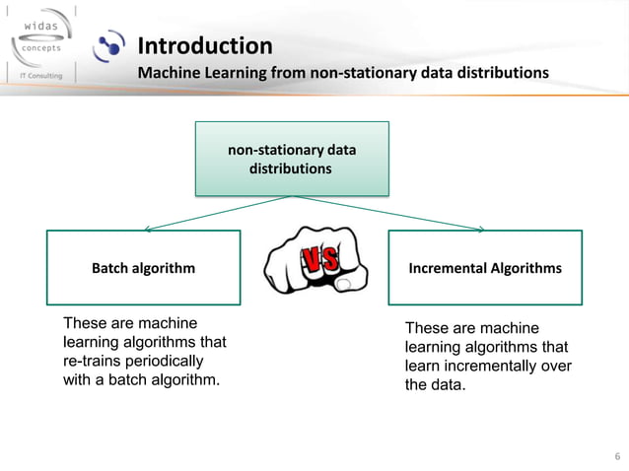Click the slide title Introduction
coord(204,46)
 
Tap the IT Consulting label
coord(36,75)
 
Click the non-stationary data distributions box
coord(292,159)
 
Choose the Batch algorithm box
coord(143,267)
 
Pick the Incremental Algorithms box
coord(485,267)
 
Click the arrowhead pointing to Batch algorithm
coord(148,229)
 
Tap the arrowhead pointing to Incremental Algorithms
coord(481,229)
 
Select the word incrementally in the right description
coord(479,366)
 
